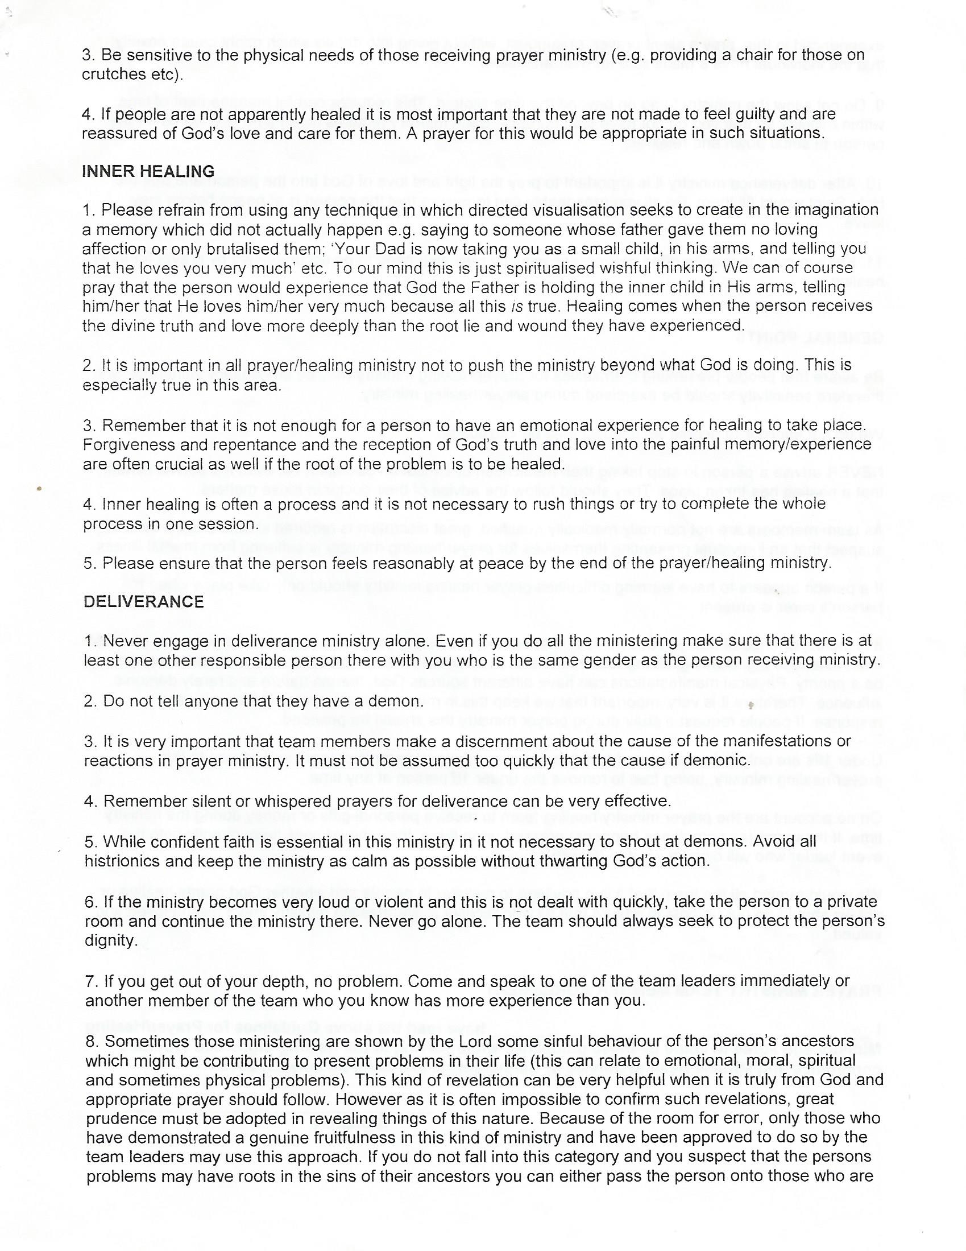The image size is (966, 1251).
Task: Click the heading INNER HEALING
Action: pos(148,171)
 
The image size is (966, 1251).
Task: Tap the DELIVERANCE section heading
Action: pos(144,601)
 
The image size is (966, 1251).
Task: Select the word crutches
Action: pos(109,75)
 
